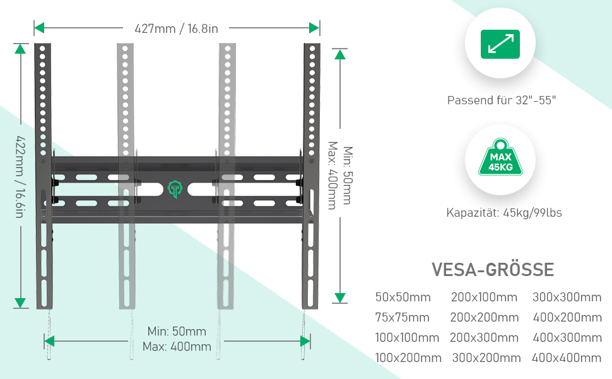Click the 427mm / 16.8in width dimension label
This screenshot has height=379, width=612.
pos(176,28)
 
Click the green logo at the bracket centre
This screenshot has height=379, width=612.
pos(175,189)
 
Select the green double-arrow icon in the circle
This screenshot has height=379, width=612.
pos(500,44)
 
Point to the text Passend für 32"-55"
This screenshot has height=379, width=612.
pos(502,100)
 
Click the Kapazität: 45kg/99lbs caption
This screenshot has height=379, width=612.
pos(503,213)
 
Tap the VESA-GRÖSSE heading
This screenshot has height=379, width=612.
pos(493,270)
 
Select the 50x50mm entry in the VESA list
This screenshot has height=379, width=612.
pos(403,298)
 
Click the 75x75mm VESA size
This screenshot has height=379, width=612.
pos(403,317)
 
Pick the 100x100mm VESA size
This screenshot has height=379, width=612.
pos(407,337)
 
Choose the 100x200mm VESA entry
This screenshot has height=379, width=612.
pos(408,358)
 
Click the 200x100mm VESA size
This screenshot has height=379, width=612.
pos(484,298)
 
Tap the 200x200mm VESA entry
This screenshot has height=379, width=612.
pos(485,317)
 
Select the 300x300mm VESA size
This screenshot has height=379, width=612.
pos(567,298)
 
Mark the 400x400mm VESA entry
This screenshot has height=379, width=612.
pos(567,358)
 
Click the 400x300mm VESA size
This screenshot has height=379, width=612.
pos(567,337)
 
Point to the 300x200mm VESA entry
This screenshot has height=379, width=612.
pos(486,358)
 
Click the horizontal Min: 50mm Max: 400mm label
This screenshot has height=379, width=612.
pos(177,339)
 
